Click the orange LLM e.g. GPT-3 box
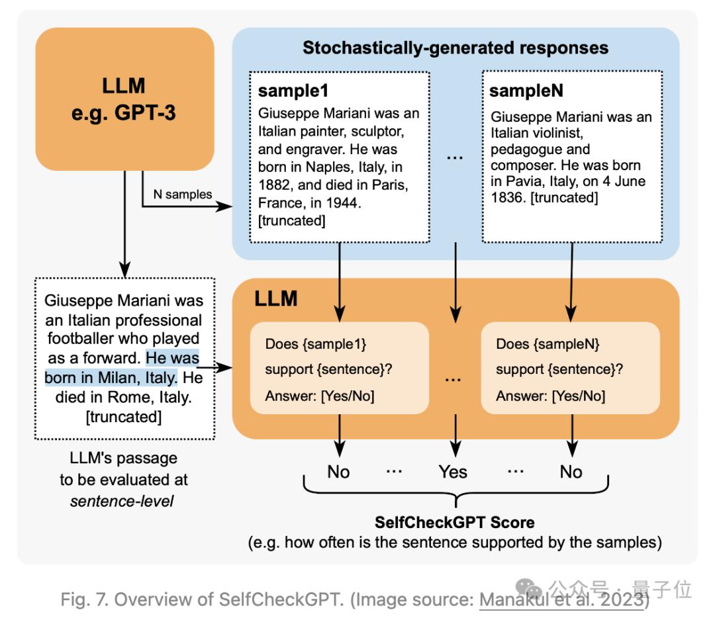point(124,99)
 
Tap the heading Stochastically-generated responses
point(455,48)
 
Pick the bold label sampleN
point(526,91)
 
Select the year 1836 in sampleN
point(506,198)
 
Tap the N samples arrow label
point(183,194)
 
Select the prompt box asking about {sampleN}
point(570,369)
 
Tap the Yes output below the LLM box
point(453,472)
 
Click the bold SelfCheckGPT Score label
point(455,523)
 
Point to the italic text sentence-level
point(122,501)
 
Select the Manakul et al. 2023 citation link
point(562,600)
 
